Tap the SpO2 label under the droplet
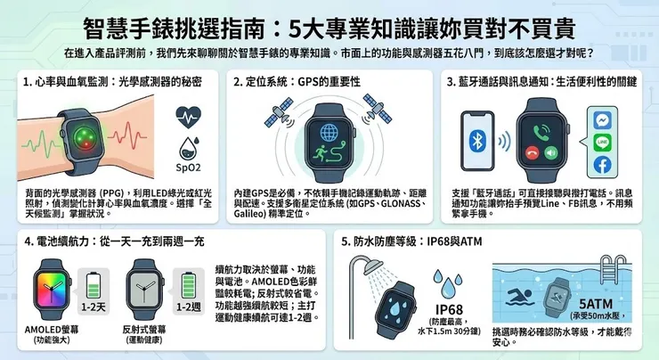188,167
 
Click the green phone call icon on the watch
540,130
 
